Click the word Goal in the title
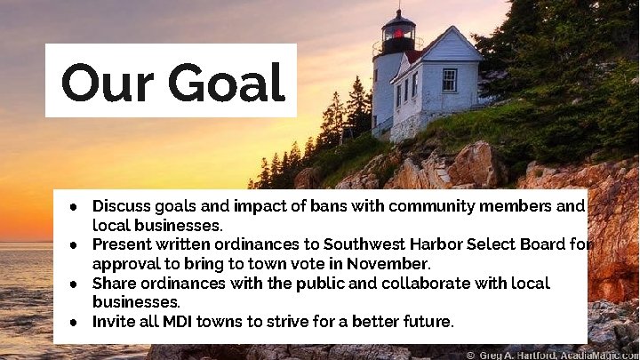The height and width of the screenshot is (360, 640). tap(227, 83)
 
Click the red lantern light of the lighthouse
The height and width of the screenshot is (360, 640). tap(398, 35)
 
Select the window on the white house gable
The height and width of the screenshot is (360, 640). tap(449, 80)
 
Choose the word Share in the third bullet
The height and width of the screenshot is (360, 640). tap(115, 283)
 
